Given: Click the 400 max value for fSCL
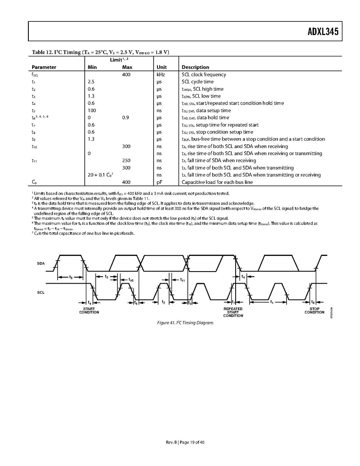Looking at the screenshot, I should click(x=127, y=74).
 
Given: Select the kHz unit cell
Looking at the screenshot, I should click(x=161, y=74).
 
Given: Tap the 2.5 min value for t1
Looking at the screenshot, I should click(x=91, y=82).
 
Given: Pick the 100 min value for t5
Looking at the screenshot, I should click(x=92, y=110).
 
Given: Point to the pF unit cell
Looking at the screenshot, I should click(x=159, y=182).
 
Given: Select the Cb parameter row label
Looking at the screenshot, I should click(x=34, y=182).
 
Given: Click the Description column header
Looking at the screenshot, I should click(x=195, y=67).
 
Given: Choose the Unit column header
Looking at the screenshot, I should click(x=161, y=67).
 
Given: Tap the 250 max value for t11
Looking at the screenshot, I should click(x=127, y=160).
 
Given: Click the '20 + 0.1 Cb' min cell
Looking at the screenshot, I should click(x=100, y=175).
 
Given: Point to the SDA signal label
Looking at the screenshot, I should click(x=41, y=263).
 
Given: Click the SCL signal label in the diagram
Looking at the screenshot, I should click(x=41, y=292).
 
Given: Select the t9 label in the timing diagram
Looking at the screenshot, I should click(x=70, y=277).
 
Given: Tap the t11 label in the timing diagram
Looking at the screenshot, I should click(x=182, y=280).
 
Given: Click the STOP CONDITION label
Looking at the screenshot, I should click(x=314, y=310).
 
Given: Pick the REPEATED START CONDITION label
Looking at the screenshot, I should click(x=233, y=312).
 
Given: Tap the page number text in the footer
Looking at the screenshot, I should click(x=180, y=442).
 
